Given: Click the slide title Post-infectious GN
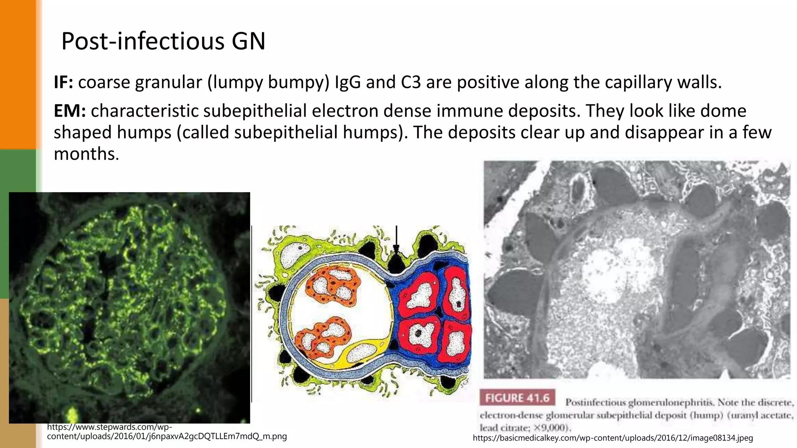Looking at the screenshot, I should point(163,41).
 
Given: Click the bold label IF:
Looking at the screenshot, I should point(63,82).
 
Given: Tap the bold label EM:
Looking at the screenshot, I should point(69,111).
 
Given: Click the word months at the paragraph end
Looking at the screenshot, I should point(86,154).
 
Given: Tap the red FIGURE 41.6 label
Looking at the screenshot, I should point(517,398).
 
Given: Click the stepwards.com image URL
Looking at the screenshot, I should point(167,432).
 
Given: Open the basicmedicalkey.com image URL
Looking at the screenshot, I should point(613,438).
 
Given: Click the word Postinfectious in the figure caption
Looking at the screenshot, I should point(595,402).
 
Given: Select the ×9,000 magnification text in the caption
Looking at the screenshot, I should point(549,428).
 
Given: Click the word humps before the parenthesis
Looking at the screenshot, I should point(144,133).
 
